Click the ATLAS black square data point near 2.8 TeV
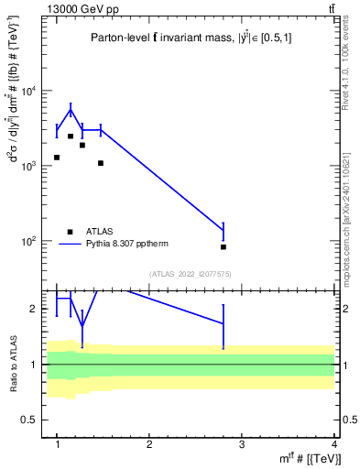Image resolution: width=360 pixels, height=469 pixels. coord(224,246)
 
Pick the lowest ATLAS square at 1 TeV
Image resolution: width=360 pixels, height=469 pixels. coord(57,158)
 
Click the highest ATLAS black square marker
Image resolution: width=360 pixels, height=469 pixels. coord(71,136)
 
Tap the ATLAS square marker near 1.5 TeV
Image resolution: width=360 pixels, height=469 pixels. coord(101,163)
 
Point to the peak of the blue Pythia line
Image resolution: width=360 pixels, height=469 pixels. coord(71,110)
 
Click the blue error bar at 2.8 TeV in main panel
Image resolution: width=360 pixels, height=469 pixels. coord(224,230)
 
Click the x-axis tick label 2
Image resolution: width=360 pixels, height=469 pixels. coord(149,444)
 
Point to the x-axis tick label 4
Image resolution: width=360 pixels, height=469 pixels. coord(334,444)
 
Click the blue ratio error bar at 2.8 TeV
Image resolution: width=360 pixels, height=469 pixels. coord(224,322)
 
